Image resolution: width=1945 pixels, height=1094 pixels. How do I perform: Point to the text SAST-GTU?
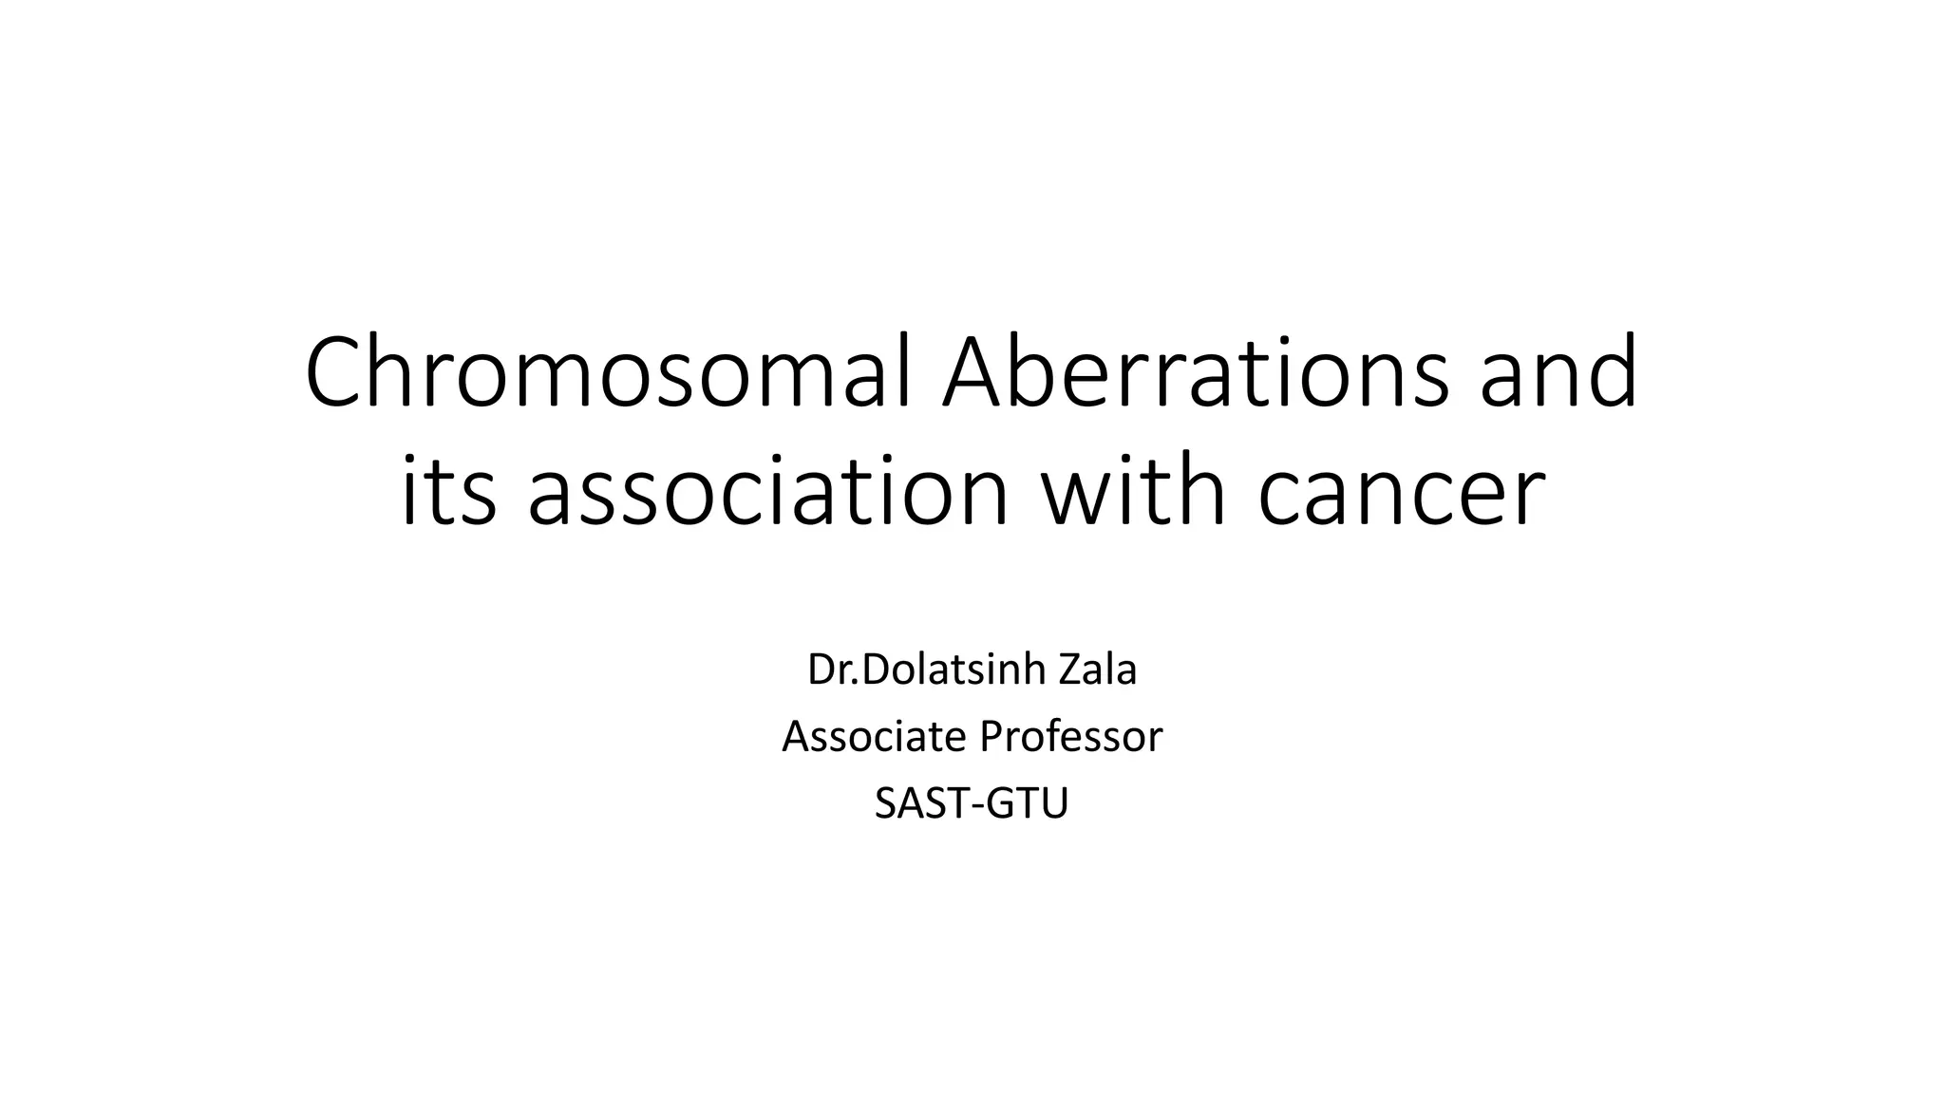point(972,803)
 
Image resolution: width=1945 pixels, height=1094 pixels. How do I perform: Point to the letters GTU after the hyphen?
point(1027,803)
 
